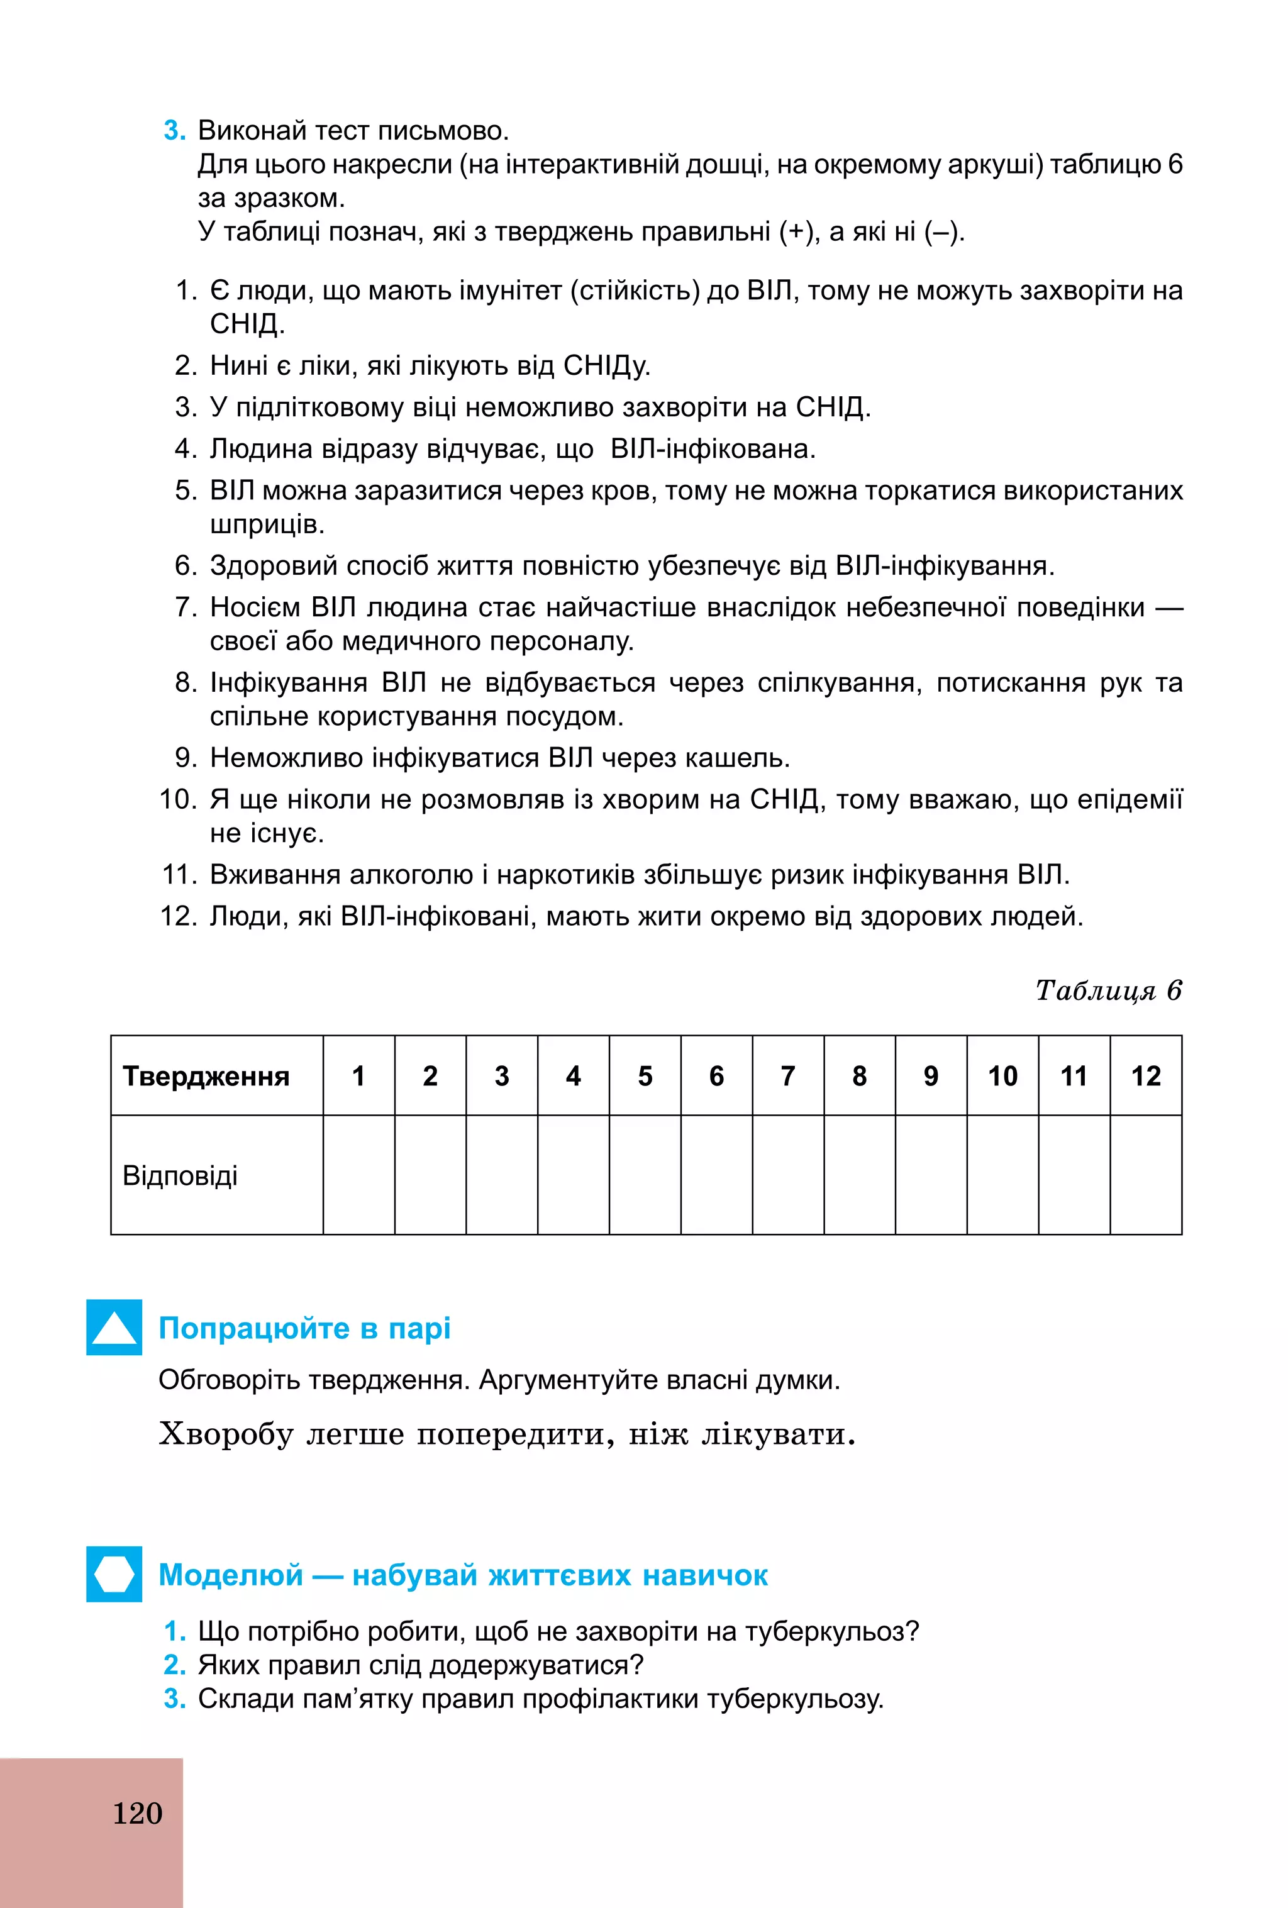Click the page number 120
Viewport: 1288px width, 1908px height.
137,1812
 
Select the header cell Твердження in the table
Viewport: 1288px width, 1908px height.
206,1075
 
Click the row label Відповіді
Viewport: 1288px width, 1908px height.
180,1175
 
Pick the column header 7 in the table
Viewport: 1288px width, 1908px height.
788,1075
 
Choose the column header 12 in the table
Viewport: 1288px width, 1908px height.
1146,1075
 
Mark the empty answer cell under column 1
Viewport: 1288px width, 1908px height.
358,1175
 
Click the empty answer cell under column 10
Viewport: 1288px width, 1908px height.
1002,1175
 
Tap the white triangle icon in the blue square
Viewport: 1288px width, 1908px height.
114,1328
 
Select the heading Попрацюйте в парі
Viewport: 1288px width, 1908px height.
304,1328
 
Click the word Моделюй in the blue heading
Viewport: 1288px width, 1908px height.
231,1575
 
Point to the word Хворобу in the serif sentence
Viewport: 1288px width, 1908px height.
226,1433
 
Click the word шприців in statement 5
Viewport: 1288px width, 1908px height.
267,524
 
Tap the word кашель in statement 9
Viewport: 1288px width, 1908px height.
736,757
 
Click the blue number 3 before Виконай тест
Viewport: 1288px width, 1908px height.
174,131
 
